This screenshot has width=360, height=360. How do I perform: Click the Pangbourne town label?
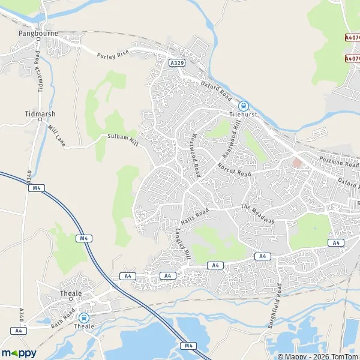click(37, 34)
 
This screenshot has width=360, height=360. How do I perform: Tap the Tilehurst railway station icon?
click(243, 104)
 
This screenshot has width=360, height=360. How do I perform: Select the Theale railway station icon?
click(84, 317)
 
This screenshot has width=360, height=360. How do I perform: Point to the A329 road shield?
click(176, 62)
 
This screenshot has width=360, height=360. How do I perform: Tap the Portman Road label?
click(339, 163)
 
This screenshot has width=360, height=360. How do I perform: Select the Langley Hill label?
click(182, 243)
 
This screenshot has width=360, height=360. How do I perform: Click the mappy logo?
click(19, 353)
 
